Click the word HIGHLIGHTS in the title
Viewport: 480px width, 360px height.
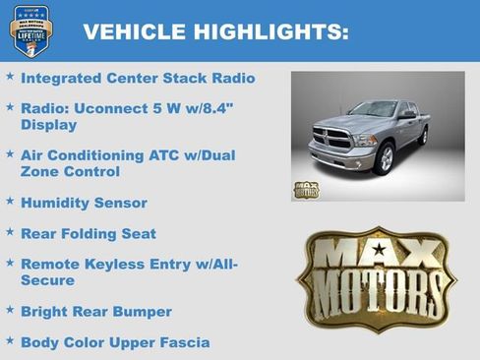(267, 31)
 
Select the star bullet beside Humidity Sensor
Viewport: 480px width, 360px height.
(10, 202)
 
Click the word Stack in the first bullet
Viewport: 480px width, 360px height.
(185, 77)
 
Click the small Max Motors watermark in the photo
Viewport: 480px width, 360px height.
(306, 189)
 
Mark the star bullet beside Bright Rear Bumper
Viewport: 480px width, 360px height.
(10, 311)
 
